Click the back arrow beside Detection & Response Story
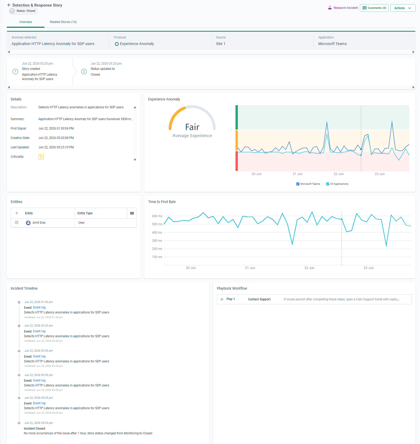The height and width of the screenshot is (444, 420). pos(9,5)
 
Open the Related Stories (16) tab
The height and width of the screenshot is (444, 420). pos(63,22)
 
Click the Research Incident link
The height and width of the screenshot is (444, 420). pos(343,8)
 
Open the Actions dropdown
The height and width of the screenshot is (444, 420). pos(403,8)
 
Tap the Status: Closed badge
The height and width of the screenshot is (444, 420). pos(23,11)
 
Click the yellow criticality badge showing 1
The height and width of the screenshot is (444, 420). pos(41,157)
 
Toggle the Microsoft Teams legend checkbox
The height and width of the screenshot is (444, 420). pos(298,184)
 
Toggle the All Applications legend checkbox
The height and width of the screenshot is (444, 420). pos(328,184)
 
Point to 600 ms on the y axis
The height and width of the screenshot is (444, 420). pos(157,216)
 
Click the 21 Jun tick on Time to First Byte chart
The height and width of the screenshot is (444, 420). pos(250,268)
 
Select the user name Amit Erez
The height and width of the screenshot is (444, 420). pos(39,223)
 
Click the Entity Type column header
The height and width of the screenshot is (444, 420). pos(85,213)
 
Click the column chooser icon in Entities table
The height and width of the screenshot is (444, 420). pos(132,213)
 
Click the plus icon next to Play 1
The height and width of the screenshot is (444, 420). pos(222,299)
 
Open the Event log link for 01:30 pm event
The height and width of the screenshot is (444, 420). pos(39,307)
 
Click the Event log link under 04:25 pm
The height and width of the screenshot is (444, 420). pos(39,403)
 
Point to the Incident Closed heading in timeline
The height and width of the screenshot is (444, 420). pos(34,429)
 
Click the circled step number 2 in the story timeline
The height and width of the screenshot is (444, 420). pos(84,71)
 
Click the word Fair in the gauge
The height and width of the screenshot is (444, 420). pos(192,127)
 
